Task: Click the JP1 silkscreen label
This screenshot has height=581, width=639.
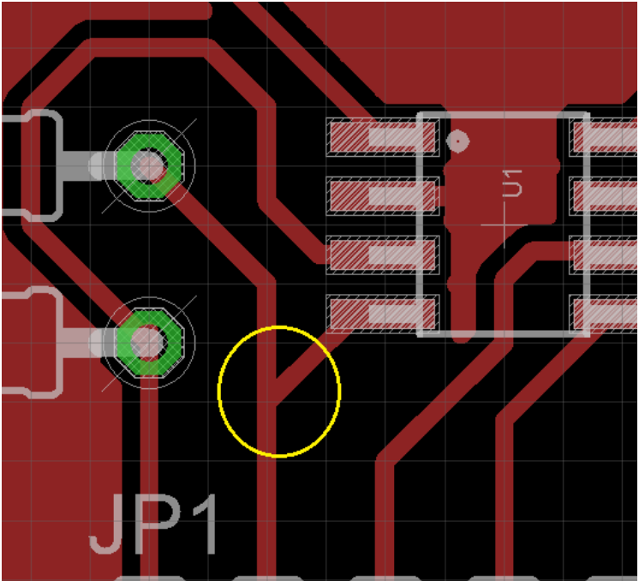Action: click(x=154, y=524)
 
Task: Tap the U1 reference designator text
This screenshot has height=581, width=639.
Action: click(x=512, y=184)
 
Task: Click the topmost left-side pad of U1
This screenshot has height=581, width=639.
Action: click(x=381, y=136)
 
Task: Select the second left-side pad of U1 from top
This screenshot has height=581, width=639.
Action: click(x=381, y=195)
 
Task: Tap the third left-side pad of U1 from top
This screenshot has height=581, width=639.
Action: click(x=381, y=254)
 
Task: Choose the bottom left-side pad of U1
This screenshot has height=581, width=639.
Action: click(x=381, y=313)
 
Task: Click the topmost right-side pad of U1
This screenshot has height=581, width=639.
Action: click(x=606, y=136)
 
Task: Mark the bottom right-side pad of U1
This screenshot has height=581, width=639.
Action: click(x=606, y=313)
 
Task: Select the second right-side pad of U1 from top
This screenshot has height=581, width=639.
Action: click(x=606, y=195)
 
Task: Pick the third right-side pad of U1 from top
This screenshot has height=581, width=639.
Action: click(x=606, y=254)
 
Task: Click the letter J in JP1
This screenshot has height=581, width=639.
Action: click(x=106, y=524)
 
